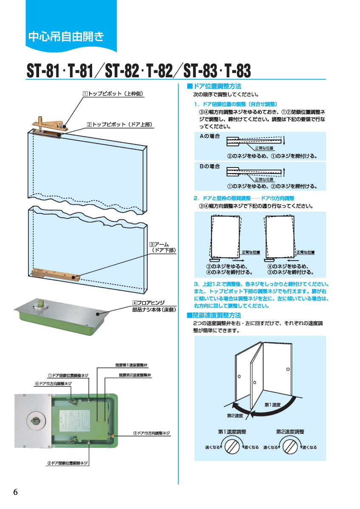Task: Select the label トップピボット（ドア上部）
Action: pyautogui.click(x=119, y=125)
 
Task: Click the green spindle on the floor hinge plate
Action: pyautogui.click(x=42, y=305)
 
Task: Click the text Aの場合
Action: pyautogui.click(x=210, y=137)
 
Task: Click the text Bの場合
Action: pyautogui.click(x=210, y=167)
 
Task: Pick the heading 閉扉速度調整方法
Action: pyautogui.click(x=214, y=315)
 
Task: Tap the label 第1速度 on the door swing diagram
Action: pyautogui.click(x=273, y=405)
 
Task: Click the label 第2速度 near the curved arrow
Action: pyautogui.click(x=235, y=415)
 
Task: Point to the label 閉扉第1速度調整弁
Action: pyautogui.click(x=131, y=365)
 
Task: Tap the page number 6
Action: pyautogui.click(x=16, y=492)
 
